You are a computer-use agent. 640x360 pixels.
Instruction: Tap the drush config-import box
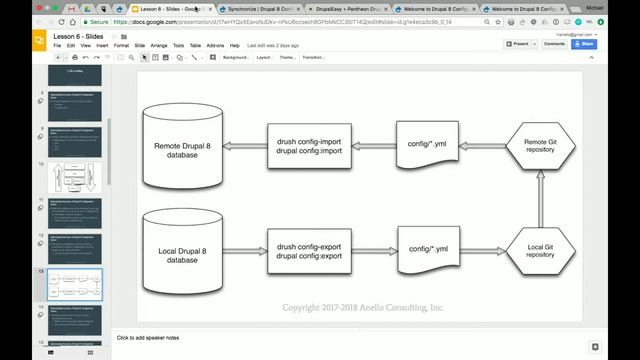tap(308, 147)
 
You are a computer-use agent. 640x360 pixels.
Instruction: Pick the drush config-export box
tap(308, 249)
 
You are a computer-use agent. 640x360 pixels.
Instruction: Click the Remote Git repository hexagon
tap(540, 146)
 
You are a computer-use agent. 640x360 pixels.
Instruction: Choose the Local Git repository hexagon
tap(540, 249)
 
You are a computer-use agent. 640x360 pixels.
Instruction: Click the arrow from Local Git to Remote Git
tap(540, 197)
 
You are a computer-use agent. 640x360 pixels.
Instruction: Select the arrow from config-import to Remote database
tap(245, 147)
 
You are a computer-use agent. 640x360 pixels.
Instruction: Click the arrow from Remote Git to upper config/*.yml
tap(484, 146)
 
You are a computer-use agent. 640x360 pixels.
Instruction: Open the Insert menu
tap(102, 45)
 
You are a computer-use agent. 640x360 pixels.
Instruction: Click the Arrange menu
tap(159, 45)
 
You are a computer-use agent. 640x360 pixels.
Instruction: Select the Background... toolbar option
tap(235, 57)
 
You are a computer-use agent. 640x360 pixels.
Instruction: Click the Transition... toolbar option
tap(313, 57)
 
